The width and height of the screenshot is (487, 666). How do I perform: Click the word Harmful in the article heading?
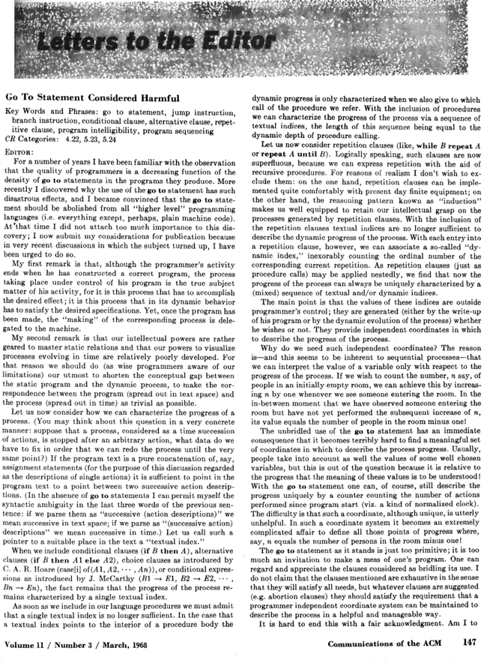(x=155, y=98)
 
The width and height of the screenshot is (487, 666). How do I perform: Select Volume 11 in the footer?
(x=27, y=643)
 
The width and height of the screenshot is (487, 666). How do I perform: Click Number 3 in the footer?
(x=82, y=643)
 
